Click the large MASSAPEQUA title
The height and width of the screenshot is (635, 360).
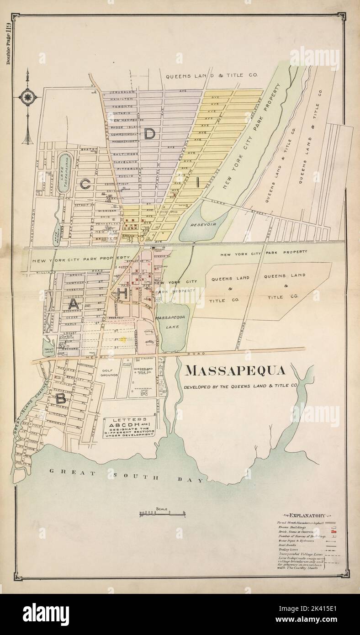(236, 370)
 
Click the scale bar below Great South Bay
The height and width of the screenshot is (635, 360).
(163, 514)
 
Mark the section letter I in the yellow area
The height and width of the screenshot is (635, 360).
(197, 182)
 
